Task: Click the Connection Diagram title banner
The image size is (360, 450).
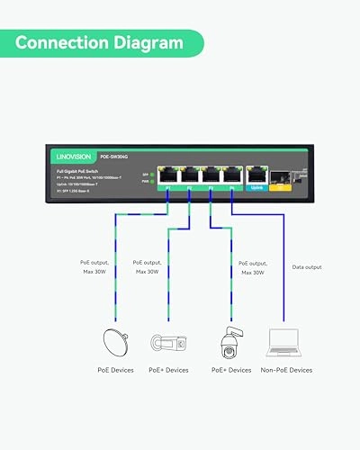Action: click(x=103, y=42)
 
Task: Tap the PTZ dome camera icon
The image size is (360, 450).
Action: click(x=225, y=341)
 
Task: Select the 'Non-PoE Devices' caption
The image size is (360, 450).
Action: click(x=287, y=370)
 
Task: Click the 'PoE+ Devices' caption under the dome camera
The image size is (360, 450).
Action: click(x=231, y=370)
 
